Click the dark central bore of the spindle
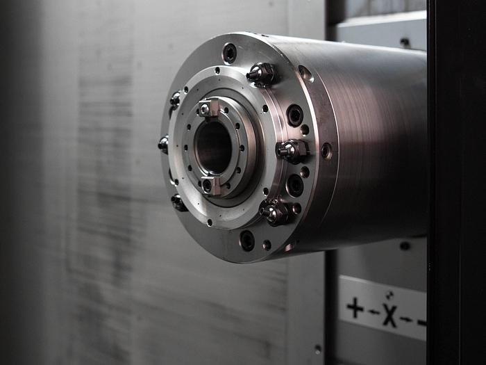pos(213,147)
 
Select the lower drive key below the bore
pos(210,186)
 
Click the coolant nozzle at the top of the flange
pos(261,74)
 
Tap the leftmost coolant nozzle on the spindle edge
pos(163,145)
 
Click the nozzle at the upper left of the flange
pos(176,99)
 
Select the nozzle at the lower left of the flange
pos(178,203)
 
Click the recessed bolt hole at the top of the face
pos(230,53)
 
